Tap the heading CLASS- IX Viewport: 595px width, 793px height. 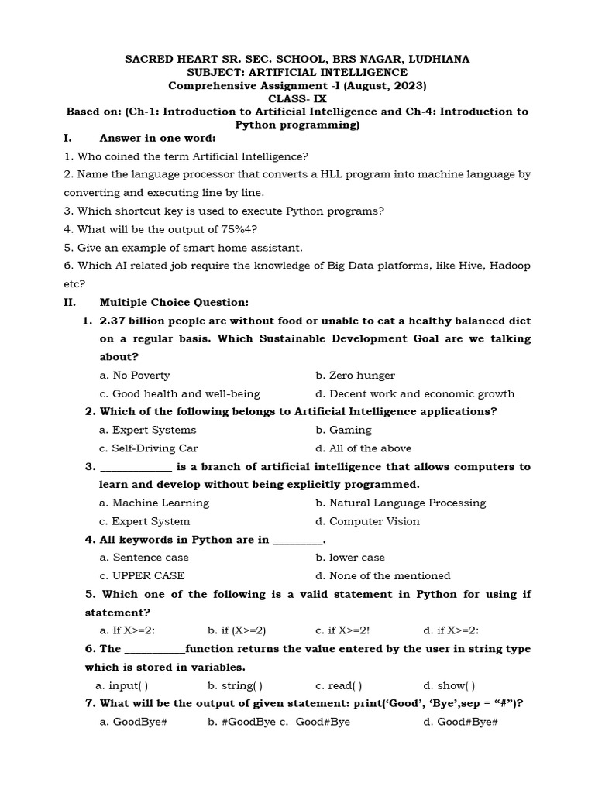point(297,98)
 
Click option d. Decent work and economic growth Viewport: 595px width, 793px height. point(414,394)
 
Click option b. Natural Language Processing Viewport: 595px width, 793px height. point(401,503)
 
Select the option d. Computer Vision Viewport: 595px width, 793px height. point(367,521)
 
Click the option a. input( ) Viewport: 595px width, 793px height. point(122,685)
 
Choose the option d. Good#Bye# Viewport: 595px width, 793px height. point(459,722)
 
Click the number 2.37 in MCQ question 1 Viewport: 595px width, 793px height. point(114,321)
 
